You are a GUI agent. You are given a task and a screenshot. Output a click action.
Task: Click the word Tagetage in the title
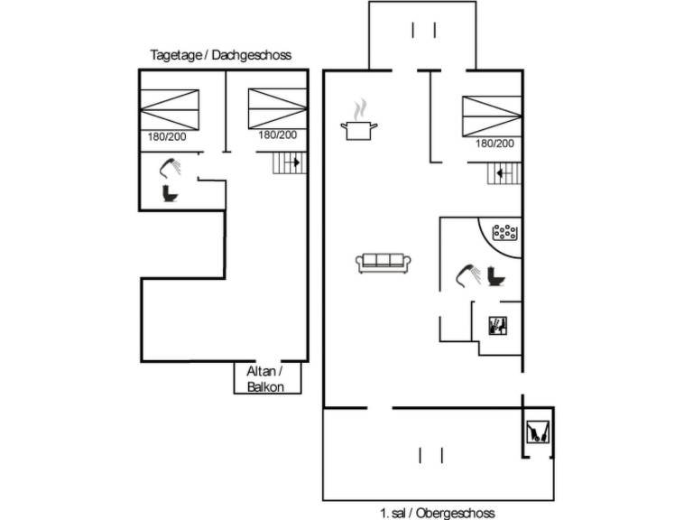point(178,56)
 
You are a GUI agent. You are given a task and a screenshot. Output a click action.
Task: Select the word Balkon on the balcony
point(265,386)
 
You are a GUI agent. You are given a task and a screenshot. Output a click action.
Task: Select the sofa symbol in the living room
point(383,263)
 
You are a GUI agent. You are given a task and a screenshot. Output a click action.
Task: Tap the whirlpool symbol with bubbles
point(504,233)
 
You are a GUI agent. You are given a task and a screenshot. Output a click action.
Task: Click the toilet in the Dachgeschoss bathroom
point(169,192)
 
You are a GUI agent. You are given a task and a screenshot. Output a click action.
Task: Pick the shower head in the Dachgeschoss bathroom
point(170,166)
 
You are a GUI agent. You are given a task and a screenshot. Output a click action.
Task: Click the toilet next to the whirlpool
point(494,275)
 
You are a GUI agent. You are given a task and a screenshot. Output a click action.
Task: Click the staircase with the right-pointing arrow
point(288,163)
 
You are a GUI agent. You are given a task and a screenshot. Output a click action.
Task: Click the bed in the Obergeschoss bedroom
point(492,116)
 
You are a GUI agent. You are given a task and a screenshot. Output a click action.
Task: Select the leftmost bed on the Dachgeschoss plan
point(170,109)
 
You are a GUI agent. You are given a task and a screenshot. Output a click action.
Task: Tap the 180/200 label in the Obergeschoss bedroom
point(494,144)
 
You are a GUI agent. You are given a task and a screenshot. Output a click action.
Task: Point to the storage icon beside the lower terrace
point(538,434)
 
